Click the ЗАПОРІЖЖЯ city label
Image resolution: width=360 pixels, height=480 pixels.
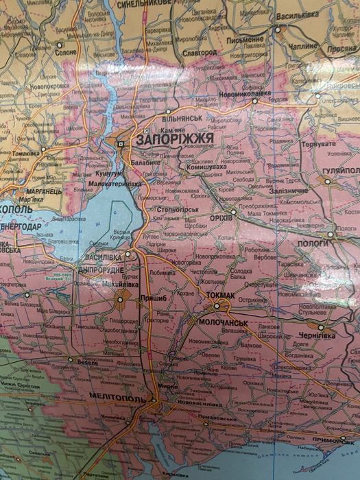176,139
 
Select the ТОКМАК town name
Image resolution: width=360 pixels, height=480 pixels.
219,296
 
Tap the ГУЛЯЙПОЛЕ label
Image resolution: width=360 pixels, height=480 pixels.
339,169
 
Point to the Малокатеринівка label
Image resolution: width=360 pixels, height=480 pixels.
117,184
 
